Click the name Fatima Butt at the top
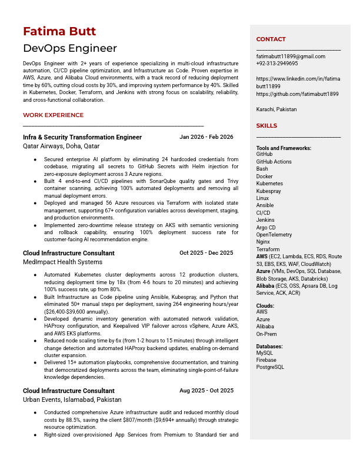pos(59,31)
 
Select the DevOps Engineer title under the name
pos(70,48)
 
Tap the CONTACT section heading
pos(271,39)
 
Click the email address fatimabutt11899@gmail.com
pos(291,56)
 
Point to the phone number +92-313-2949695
pos(277,64)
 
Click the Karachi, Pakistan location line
pos(276,109)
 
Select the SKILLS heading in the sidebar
pos(266,125)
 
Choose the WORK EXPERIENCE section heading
pos(54,115)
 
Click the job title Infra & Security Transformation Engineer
pos(82,137)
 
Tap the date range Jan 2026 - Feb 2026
pos(206,137)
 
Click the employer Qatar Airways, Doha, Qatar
pos(61,146)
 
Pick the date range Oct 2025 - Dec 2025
pos(206,253)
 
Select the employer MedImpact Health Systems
pos(62,262)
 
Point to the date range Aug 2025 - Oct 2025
pos(206,391)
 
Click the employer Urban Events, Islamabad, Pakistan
pos(72,400)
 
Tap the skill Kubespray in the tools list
pos(269,191)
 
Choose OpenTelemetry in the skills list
pos(274,235)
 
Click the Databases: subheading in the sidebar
pos(269,347)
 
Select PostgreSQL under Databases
pos(270,367)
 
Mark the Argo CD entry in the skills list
pos(266,228)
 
